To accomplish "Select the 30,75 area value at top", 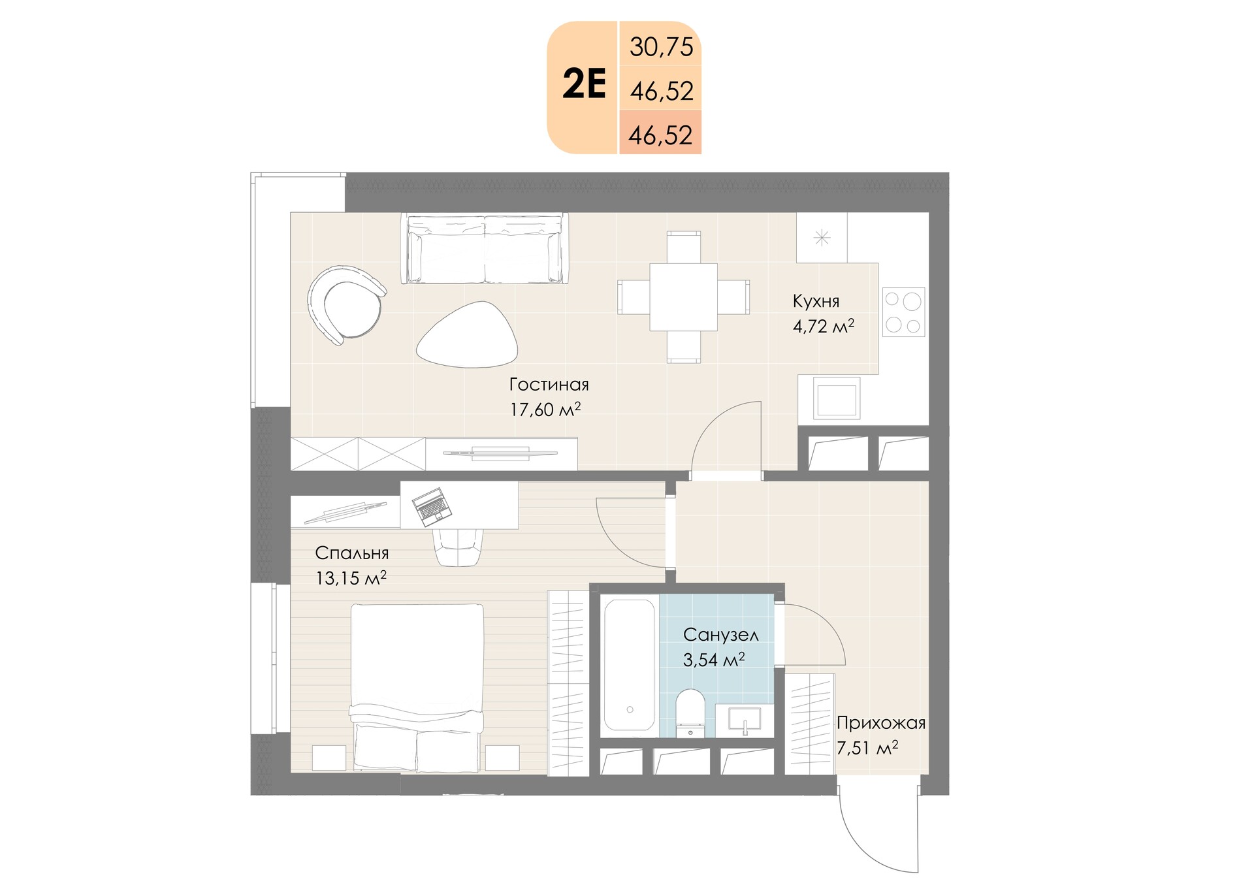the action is (x=661, y=48).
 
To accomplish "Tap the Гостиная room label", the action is (x=549, y=385).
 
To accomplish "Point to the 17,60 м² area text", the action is (x=545, y=410).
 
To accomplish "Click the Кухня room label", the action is (x=816, y=301).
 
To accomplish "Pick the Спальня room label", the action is (x=352, y=553).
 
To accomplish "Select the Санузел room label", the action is (x=721, y=634).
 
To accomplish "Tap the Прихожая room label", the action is (x=881, y=723).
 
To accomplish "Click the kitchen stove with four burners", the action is (x=904, y=312).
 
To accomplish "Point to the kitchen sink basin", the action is (x=837, y=397).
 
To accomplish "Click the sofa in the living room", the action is (x=484, y=248).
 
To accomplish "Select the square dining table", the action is (x=683, y=297).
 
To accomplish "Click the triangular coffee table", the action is (x=468, y=334).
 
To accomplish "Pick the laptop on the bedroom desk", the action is (x=432, y=507).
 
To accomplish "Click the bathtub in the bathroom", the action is (x=629, y=665).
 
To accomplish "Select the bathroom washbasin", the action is (x=744, y=720).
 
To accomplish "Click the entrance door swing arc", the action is (x=862, y=842).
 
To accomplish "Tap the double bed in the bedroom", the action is (x=417, y=687).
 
